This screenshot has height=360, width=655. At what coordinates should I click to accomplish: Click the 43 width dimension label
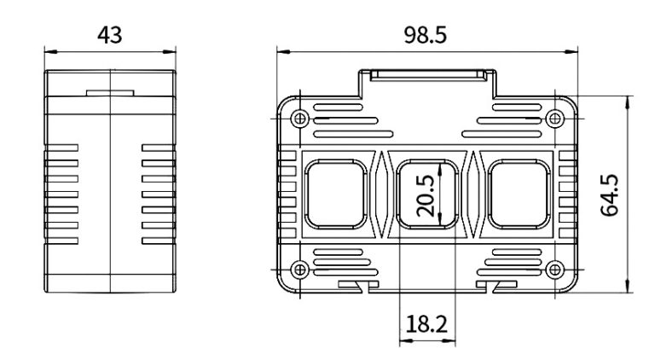(111, 35)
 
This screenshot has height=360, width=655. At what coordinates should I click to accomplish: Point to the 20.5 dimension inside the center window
(426, 195)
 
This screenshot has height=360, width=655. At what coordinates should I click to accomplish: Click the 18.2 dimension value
(426, 324)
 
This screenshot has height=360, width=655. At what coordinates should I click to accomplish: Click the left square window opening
(337, 195)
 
